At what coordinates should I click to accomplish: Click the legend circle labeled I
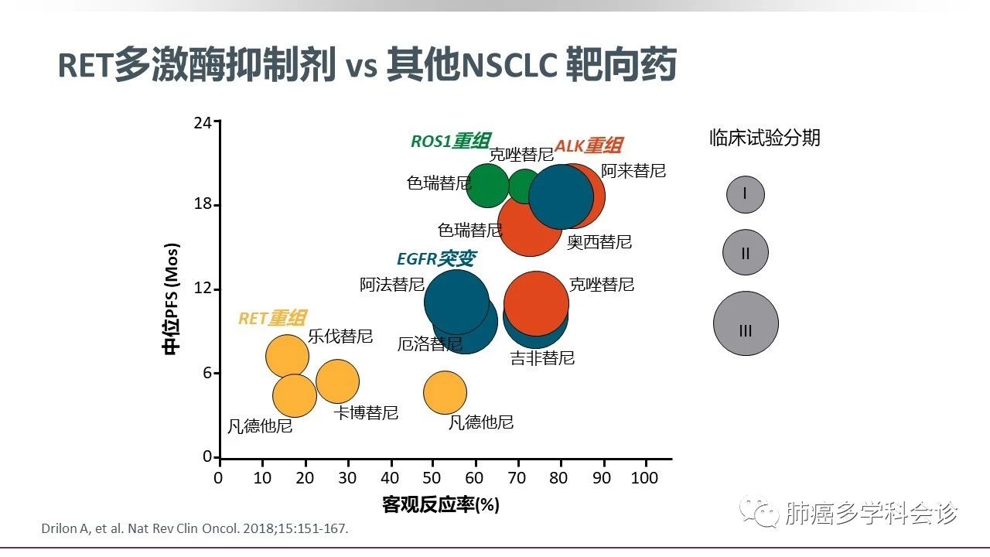[x=745, y=194]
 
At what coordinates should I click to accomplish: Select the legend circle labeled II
[x=746, y=252]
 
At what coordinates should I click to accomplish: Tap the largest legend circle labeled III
[x=746, y=323]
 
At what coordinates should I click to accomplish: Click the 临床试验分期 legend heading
[x=765, y=138]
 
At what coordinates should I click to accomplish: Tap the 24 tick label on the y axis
[x=203, y=121]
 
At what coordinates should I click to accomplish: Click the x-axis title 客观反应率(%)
[x=441, y=505]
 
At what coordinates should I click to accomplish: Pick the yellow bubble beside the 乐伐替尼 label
[x=287, y=357]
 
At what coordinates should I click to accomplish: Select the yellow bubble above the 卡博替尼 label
[x=337, y=381]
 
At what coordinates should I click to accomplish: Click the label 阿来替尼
[x=633, y=171]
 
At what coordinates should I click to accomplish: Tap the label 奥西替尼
[x=599, y=242]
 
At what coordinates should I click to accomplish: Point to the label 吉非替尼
[x=542, y=358]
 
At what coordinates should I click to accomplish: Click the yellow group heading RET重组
[x=271, y=318]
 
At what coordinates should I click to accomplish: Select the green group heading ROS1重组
[x=450, y=141]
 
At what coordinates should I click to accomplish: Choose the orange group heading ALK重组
[x=589, y=145]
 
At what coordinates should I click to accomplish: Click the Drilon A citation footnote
[x=195, y=529]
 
